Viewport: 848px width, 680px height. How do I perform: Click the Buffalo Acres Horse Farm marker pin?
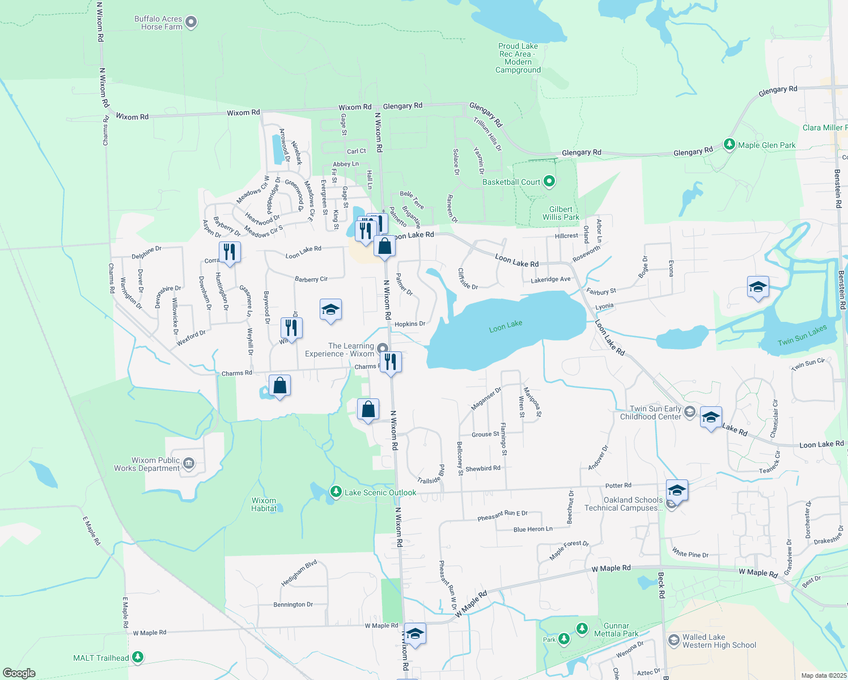point(191,23)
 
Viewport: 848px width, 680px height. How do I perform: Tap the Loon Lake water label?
point(506,326)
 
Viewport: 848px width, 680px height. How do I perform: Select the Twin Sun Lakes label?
point(802,335)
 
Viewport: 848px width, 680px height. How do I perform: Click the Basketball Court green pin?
point(549,182)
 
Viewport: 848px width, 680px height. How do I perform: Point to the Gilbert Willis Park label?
point(561,213)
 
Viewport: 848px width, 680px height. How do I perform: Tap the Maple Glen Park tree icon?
point(730,145)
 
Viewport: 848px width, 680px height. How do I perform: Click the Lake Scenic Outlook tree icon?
point(336,492)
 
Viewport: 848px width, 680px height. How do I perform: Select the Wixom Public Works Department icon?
point(189,464)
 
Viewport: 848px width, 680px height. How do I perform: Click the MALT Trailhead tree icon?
point(138,657)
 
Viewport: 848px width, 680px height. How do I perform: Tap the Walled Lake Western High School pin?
point(673,640)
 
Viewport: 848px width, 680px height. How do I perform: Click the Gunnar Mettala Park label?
point(616,630)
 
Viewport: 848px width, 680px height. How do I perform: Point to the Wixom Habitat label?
point(264,504)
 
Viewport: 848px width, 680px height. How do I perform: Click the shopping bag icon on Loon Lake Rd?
point(384,247)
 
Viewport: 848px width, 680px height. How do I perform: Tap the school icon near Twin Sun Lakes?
point(758,287)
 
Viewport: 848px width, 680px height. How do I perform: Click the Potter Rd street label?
point(618,486)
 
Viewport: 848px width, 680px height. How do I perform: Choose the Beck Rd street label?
point(661,585)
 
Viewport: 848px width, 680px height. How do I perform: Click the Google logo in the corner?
point(19,673)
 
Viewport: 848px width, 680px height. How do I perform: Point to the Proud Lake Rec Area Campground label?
point(518,58)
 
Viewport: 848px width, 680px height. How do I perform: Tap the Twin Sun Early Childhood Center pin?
point(689,412)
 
